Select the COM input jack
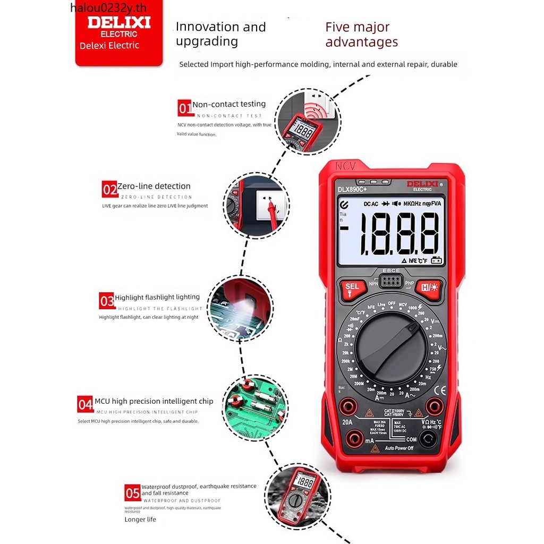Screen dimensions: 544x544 pyautogui.click(x=427, y=438)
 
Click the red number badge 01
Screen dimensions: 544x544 pyautogui.click(x=184, y=109)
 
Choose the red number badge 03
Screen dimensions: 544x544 pyautogui.click(x=107, y=301)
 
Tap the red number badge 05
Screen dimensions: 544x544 pyautogui.click(x=132, y=492)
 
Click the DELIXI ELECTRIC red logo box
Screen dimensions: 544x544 pyautogui.click(x=119, y=35)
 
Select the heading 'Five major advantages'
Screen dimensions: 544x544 pyautogui.click(x=361, y=35)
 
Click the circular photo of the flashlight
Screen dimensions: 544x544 pyautogui.click(x=240, y=308)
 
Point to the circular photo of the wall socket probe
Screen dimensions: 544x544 pyautogui.click(x=256, y=205)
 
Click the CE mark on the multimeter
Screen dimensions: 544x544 pyautogui.click(x=440, y=389)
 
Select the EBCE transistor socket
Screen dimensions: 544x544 pyautogui.click(x=390, y=280)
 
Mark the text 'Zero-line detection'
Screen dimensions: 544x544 pyautogui.click(x=154, y=186)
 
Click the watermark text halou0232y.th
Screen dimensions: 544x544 pyautogui.click(x=108, y=7)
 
